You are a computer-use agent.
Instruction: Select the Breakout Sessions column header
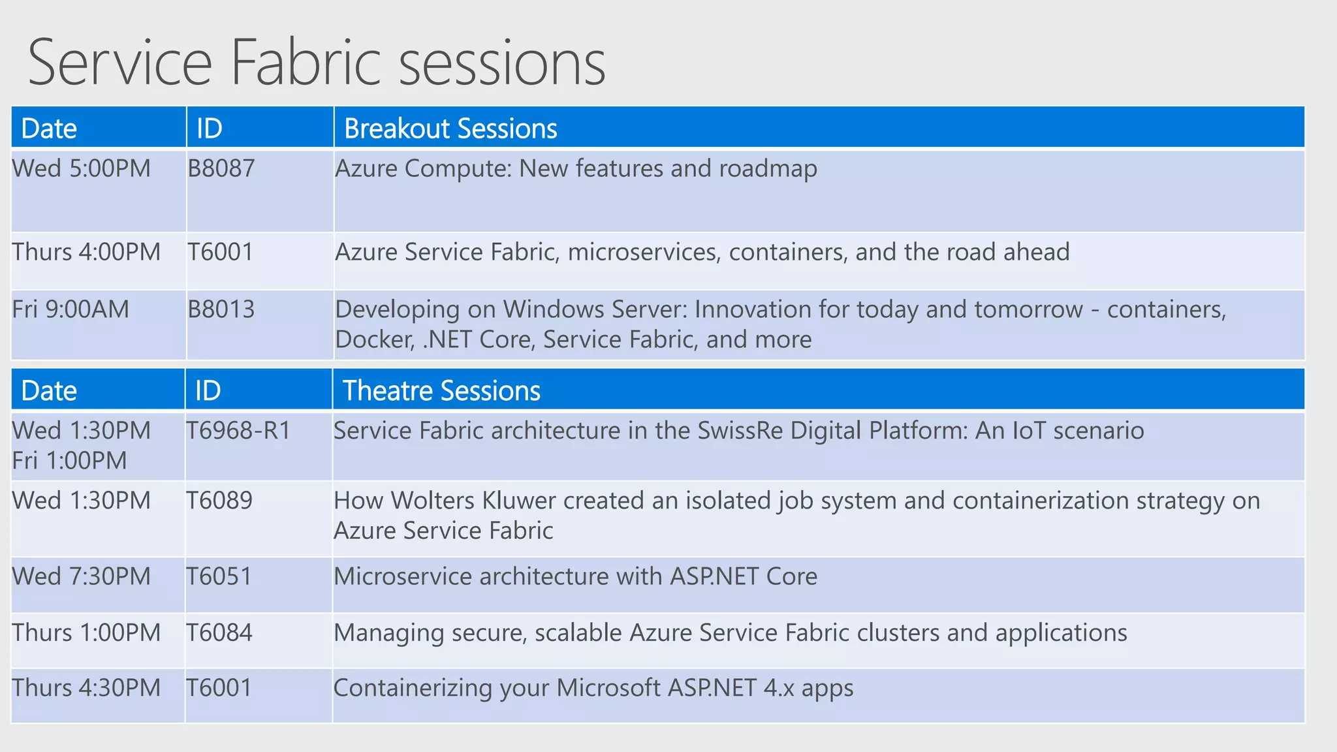[450, 129]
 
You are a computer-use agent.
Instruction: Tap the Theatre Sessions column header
[441, 390]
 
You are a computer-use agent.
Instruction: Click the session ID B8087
[221, 168]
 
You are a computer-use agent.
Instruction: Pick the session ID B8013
[221, 309]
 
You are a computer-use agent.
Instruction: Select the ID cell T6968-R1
[238, 431]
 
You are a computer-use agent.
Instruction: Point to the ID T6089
[219, 501]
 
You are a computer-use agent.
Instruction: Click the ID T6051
[219, 576]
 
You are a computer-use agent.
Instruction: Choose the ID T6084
[219, 633]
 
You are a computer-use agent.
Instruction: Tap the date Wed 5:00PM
[82, 168]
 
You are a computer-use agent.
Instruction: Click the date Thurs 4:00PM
[86, 252]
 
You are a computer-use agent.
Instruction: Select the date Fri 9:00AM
[71, 309]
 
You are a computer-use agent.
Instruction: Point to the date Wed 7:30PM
[82, 576]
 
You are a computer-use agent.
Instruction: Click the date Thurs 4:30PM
[86, 688]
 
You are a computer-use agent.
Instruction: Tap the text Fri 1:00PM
[70, 461]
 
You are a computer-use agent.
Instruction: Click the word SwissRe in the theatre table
[740, 431]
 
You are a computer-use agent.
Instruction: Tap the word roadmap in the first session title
[768, 169]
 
